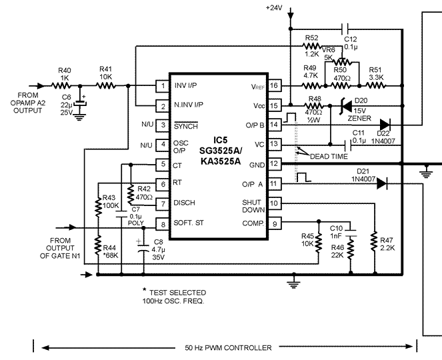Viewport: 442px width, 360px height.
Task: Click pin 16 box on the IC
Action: tap(274, 86)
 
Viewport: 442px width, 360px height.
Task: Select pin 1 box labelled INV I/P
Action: tap(161, 86)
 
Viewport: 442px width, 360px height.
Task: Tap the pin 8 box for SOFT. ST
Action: tap(161, 223)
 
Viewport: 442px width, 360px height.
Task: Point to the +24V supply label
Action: tap(274, 7)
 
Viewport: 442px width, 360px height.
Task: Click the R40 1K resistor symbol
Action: tap(64, 86)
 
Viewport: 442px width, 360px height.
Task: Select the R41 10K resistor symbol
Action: tap(105, 86)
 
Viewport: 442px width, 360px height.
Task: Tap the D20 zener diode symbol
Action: tap(345, 105)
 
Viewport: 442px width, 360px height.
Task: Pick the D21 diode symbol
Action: tap(381, 185)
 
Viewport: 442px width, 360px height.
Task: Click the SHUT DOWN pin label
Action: tap(253, 206)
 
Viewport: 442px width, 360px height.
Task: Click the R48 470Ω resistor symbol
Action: tap(312, 105)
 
